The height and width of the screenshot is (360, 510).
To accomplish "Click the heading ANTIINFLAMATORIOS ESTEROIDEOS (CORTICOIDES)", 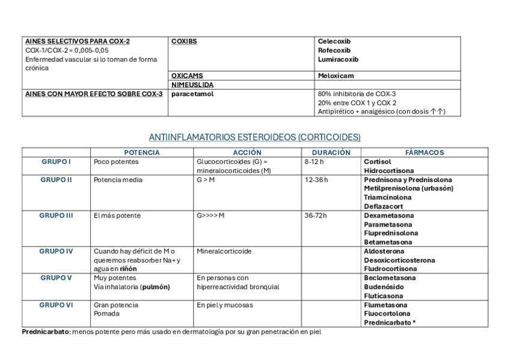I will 254,137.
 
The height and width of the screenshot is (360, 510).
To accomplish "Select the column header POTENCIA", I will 141,153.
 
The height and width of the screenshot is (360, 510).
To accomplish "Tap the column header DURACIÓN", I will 331,153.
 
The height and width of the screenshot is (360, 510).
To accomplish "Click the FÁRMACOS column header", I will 425,153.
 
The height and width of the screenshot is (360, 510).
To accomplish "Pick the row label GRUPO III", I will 56,216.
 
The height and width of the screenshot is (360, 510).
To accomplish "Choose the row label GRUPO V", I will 56,278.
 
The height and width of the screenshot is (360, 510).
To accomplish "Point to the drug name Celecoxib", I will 334,41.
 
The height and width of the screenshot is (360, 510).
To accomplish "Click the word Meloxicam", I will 336,76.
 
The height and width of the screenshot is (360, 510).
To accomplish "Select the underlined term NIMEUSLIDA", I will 192,85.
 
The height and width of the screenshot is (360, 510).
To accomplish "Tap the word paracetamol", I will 192,94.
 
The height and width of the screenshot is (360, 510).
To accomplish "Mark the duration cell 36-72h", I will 316,216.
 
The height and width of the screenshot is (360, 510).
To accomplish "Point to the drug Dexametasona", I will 389,216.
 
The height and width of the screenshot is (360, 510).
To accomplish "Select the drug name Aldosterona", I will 384,251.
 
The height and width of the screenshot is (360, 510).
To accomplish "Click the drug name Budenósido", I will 384,287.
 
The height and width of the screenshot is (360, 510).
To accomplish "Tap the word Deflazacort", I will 384,206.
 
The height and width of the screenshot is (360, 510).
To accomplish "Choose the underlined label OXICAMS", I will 187,76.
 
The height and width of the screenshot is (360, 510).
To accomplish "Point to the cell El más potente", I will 117,216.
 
